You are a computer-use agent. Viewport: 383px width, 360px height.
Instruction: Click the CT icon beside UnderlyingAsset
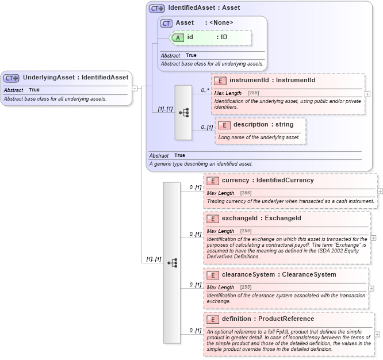click(12, 78)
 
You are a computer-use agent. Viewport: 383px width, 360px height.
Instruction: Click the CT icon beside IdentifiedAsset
click(156, 8)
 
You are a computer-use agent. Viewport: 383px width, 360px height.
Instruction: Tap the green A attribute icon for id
click(178, 37)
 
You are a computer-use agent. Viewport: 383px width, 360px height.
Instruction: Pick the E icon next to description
click(224, 125)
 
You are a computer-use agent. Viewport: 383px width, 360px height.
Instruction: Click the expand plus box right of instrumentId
click(368, 94)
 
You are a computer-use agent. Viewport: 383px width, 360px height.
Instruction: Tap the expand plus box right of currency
click(380, 191)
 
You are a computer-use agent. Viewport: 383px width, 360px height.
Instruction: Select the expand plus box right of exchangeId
click(373, 238)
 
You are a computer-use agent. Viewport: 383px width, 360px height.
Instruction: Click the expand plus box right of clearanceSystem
click(373, 288)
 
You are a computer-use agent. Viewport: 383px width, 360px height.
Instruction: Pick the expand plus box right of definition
click(377, 334)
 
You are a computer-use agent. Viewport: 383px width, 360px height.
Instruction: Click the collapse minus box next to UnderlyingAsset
click(135, 88)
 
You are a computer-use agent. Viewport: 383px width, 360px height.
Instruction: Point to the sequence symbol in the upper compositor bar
click(183, 113)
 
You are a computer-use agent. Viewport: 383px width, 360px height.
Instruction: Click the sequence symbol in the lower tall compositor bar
click(172, 263)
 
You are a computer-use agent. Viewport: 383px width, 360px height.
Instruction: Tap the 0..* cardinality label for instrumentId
click(205, 90)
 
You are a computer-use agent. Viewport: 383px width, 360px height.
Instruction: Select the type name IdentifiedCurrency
click(285, 180)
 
